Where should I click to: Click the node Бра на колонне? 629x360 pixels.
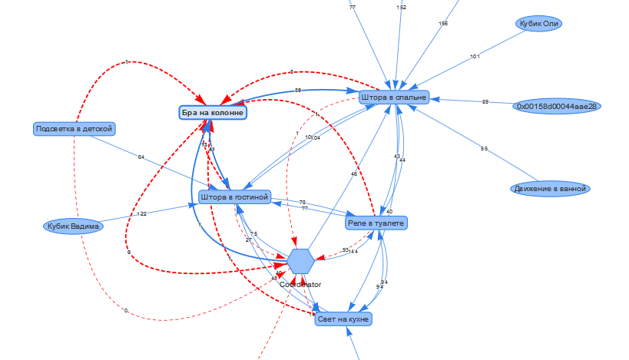tap(213, 113)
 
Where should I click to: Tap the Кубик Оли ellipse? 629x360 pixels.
tap(538, 24)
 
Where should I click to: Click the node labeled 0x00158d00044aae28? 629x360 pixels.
tap(556, 106)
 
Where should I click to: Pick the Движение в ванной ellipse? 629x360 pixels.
tap(549, 188)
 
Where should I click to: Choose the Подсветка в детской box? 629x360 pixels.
tap(74, 128)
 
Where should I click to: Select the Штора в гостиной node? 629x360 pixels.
tap(234, 197)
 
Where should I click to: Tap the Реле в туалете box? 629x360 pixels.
tap(376, 223)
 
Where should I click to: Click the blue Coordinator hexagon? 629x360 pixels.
tap(301, 262)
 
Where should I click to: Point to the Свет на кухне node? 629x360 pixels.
tap(343, 319)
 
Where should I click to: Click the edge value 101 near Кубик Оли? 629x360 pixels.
tap(474, 56)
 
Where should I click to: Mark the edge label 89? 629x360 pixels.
tap(485, 101)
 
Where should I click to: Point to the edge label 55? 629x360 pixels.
tap(484, 148)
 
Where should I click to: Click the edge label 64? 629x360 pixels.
tap(141, 157)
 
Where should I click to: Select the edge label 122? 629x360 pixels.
tap(141, 214)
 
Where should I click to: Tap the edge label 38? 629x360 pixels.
tap(297, 91)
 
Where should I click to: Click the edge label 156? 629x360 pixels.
tap(443, 24)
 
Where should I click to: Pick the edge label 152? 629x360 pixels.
tap(402, 7)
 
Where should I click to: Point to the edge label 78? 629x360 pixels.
tap(303, 202)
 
